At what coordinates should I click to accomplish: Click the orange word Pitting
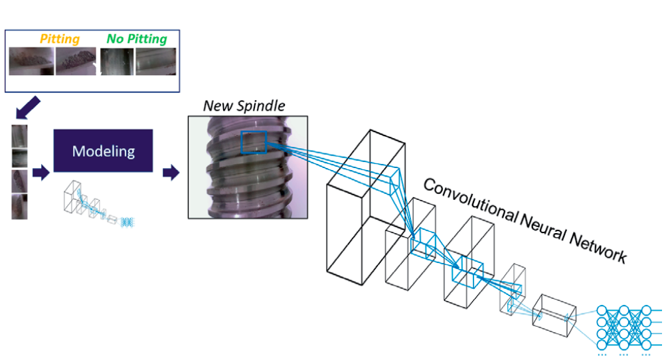(x=60, y=40)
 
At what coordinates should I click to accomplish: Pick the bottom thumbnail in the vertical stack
(x=19, y=206)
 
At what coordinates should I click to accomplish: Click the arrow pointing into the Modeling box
(x=40, y=173)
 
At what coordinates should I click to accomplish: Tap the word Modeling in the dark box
(x=103, y=151)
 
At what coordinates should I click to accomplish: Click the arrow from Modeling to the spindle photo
(x=171, y=173)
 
